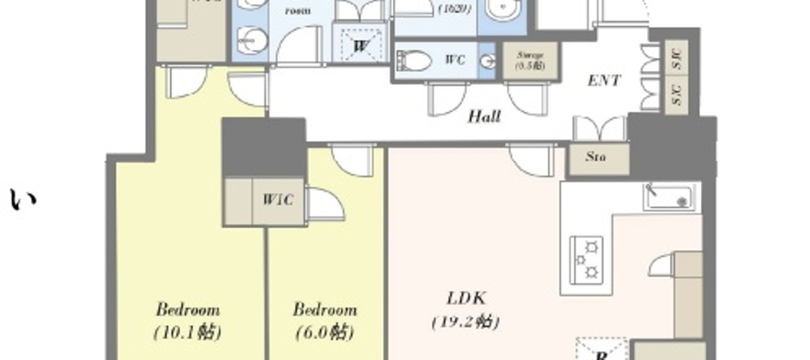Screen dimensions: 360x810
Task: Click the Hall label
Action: point(485,117)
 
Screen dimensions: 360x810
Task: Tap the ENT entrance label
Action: point(603,80)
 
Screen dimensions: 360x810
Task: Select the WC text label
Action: point(456,61)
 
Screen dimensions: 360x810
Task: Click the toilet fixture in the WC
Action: point(414,61)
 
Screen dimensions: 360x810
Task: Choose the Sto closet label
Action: point(595,157)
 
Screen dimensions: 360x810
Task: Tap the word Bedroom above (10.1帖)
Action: point(188,309)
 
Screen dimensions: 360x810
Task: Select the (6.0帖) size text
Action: point(325,331)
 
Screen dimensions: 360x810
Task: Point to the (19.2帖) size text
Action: point(465,322)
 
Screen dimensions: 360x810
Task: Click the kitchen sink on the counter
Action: point(668,197)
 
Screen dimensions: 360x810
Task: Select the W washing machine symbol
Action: point(362,44)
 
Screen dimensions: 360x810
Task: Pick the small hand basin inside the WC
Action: point(488,61)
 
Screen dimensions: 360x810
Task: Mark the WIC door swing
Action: point(325,205)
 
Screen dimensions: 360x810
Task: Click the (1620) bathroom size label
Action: point(455,10)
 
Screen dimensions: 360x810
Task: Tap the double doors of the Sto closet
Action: point(599,130)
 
